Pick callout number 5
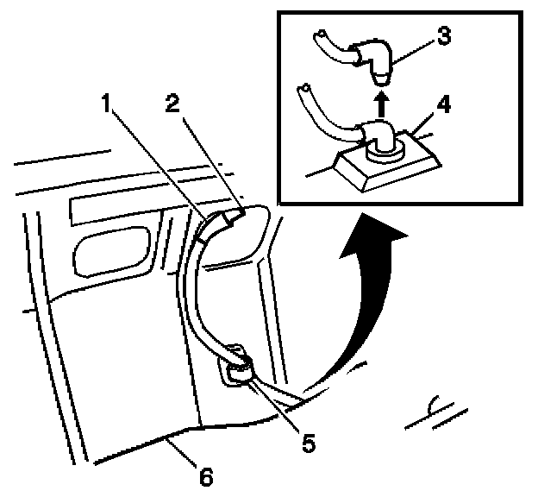[309, 443]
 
